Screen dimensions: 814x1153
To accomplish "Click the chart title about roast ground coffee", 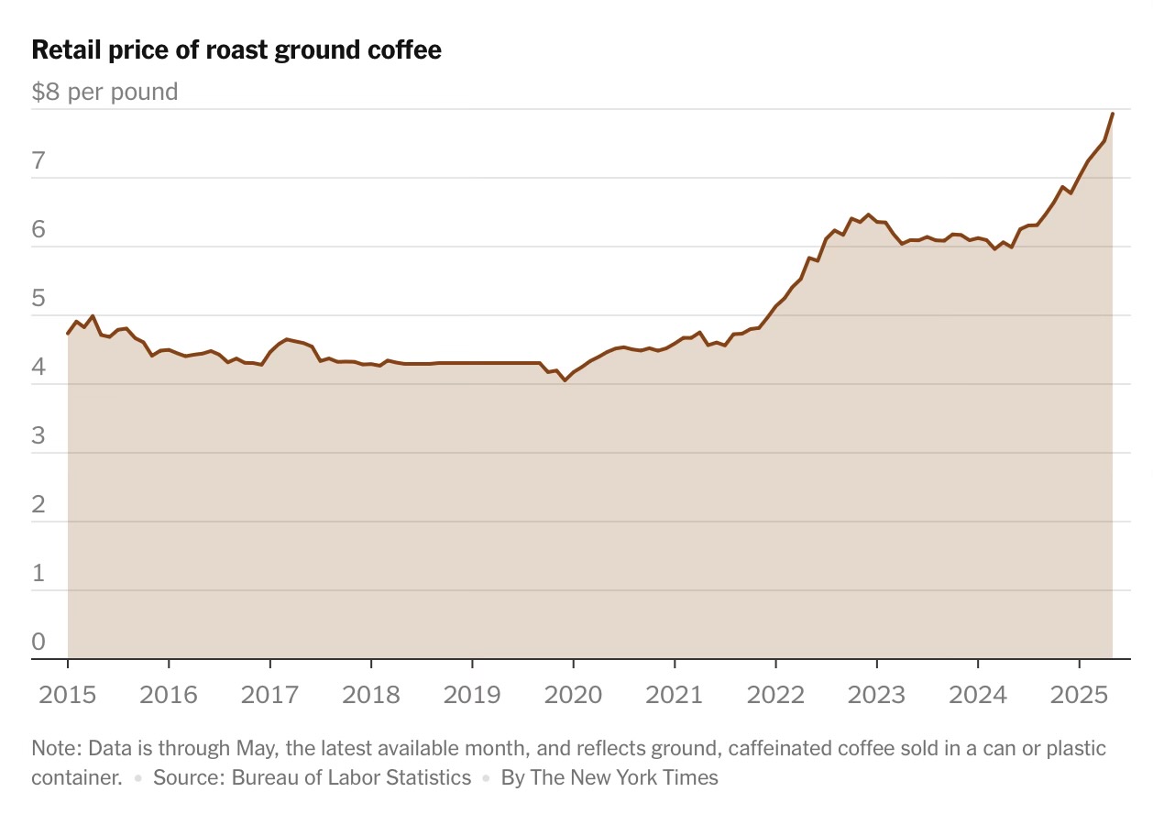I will [236, 50].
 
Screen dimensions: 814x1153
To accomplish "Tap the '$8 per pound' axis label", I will [104, 92].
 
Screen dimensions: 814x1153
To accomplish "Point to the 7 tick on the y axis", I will [38, 161].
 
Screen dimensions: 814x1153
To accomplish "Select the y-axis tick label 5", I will [38, 299].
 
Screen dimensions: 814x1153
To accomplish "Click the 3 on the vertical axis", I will [38, 436].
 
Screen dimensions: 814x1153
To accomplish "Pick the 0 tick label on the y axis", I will [38, 642].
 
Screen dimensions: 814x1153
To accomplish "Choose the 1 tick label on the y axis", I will [38, 574].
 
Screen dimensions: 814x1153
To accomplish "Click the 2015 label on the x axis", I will [68, 693].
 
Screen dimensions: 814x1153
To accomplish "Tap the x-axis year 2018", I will [370, 693].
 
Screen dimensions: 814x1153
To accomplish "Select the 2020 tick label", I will [573, 693].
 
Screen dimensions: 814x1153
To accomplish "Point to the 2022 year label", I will [775, 693].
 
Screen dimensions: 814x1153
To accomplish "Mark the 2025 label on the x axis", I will [1079, 693].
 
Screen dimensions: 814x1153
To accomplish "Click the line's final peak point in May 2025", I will [1113, 114].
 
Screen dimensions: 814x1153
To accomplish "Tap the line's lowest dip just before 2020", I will [565, 379].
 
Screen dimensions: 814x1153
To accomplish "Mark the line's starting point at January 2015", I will [68, 334].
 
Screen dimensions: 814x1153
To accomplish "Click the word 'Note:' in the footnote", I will [55, 749].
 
